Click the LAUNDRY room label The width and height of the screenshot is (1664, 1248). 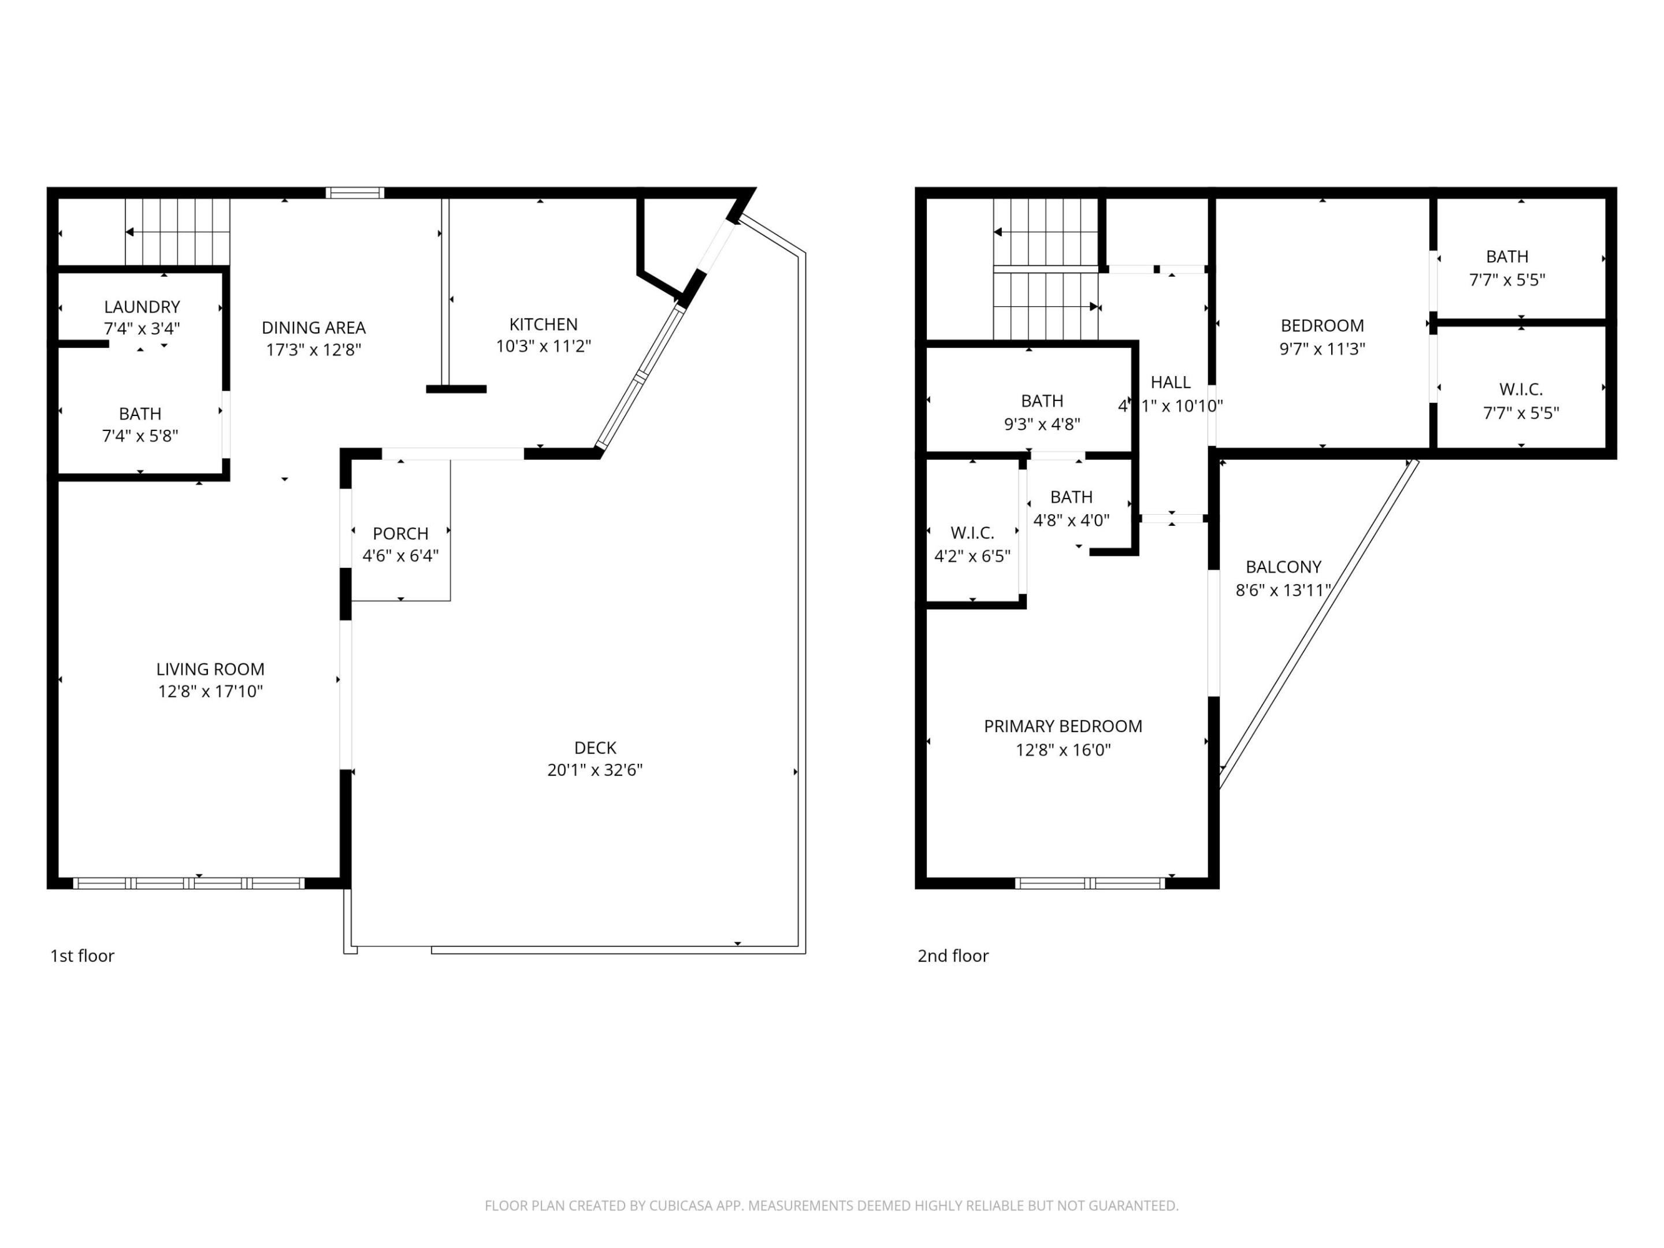click(142, 307)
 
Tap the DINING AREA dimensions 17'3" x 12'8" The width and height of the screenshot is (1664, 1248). click(314, 350)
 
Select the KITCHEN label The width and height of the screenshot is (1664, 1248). click(543, 324)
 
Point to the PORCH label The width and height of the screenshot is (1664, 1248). click(400, 533)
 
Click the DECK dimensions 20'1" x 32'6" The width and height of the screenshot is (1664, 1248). click(595, 770)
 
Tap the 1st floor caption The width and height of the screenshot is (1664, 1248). click(82, 956)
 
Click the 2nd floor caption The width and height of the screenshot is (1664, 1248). click(952, 956)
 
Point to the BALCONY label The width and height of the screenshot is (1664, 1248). click(1283, 566)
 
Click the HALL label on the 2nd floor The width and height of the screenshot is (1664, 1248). click(1170, 382)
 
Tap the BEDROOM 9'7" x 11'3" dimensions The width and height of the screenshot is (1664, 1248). click(1322, 348)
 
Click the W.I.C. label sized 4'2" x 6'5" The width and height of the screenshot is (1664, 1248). click(972, 533)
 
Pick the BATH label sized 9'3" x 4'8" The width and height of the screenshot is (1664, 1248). click(1041, 401)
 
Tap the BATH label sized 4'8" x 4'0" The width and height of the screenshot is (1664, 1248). click(1071, 497)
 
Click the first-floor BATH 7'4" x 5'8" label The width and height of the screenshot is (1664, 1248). click(140, 414)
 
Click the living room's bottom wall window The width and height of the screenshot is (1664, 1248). click(188, 883)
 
